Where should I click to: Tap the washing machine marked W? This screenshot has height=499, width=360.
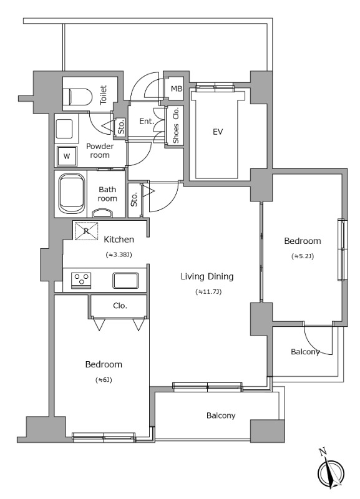pos(67,157)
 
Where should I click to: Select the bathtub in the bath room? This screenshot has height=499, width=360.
pos(72,195)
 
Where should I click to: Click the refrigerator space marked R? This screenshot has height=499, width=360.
pos(86,231)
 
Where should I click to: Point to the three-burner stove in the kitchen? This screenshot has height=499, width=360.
pos(81,280)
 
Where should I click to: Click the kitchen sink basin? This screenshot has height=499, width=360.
pos(126,280)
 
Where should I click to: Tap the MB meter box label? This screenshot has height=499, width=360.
pos(177,89)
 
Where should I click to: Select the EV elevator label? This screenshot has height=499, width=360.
pos(218,132)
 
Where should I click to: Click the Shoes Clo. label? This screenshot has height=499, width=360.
pos(176,125)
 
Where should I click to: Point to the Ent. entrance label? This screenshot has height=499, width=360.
pos(147,121)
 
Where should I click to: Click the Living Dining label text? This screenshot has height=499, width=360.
pos(207,276)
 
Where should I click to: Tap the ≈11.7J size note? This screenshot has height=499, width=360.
pos(208,291)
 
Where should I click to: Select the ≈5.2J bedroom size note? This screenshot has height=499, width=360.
pos(303,256)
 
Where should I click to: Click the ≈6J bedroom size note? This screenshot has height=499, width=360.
pos(104,380)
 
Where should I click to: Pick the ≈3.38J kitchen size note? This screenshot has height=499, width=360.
pos(119,254)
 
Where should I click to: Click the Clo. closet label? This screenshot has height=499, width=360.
pos(120,306)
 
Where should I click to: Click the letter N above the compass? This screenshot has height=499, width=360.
pos(323,451)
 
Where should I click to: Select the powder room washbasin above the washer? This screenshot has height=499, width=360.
pos(66,128)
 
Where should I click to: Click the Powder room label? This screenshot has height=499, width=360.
pos(100,150)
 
